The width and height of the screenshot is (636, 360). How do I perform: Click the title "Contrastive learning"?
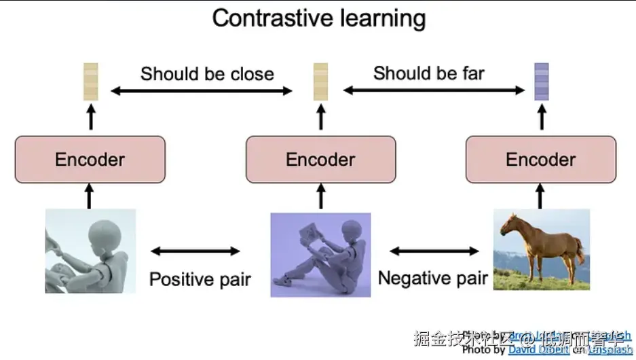[318, 18]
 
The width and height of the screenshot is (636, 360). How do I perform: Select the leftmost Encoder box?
[90, 160]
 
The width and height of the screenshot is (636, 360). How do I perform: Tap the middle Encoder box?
[320, 160]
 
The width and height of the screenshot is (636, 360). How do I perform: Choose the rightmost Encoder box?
[540, 160]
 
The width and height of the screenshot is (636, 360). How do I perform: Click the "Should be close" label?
[207, 73]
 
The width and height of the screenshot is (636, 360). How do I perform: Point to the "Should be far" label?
[429, 73]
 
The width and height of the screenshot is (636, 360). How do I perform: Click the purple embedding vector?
[541, 82]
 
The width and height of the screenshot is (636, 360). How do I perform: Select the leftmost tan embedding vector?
[91, 82]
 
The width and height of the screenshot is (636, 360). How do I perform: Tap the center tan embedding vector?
[320, 82]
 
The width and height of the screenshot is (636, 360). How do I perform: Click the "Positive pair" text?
[200, 279]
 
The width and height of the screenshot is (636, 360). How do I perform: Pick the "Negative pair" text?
[432, 278]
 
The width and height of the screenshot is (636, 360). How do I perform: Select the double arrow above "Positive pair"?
[195, 252]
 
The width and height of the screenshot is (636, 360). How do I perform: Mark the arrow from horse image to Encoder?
[541, 196]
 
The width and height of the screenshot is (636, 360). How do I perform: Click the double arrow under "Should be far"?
[434, 90]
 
